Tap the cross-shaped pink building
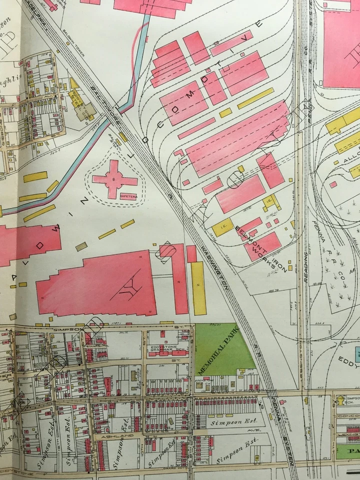(115, 179)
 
